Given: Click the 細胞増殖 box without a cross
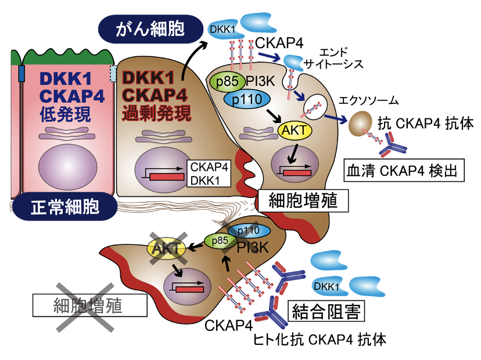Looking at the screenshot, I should click(303, 201).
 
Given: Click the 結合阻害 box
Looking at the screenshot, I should click(326, 311).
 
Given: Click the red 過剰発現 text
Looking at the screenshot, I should click(156, 113).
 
